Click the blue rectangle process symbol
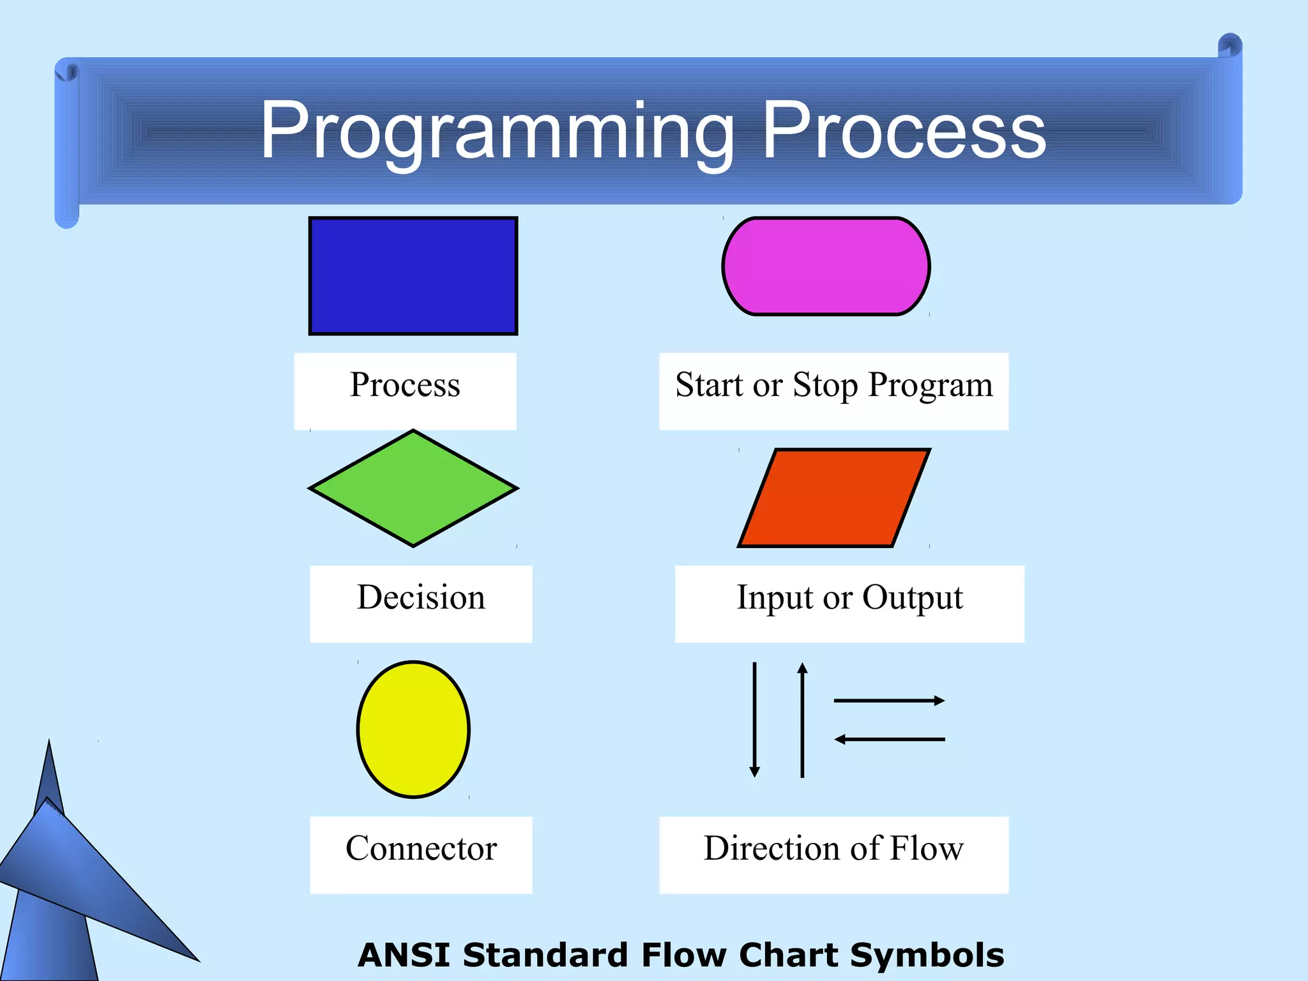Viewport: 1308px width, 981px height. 413,276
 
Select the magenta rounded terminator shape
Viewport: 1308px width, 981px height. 826,266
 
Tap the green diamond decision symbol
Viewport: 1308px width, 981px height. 413,489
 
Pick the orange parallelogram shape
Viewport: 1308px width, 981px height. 833,498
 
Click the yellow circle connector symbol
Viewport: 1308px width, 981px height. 413,729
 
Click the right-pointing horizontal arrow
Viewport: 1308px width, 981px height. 889,701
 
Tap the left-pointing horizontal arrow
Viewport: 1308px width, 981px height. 889,740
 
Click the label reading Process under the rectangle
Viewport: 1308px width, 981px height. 405,386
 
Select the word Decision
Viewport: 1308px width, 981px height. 421,598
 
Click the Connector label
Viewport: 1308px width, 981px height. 421,849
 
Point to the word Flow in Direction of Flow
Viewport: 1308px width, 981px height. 926,849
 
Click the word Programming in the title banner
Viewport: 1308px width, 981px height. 497,131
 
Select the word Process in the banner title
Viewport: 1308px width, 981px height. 904,131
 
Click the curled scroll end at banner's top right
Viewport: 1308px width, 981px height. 1229,46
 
